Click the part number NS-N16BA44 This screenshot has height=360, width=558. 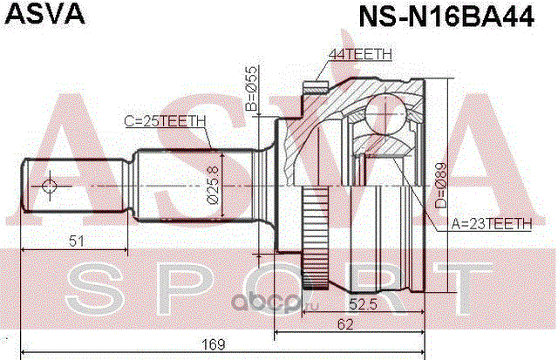tap(444, 17)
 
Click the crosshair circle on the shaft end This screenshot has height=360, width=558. tap(49, 185)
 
